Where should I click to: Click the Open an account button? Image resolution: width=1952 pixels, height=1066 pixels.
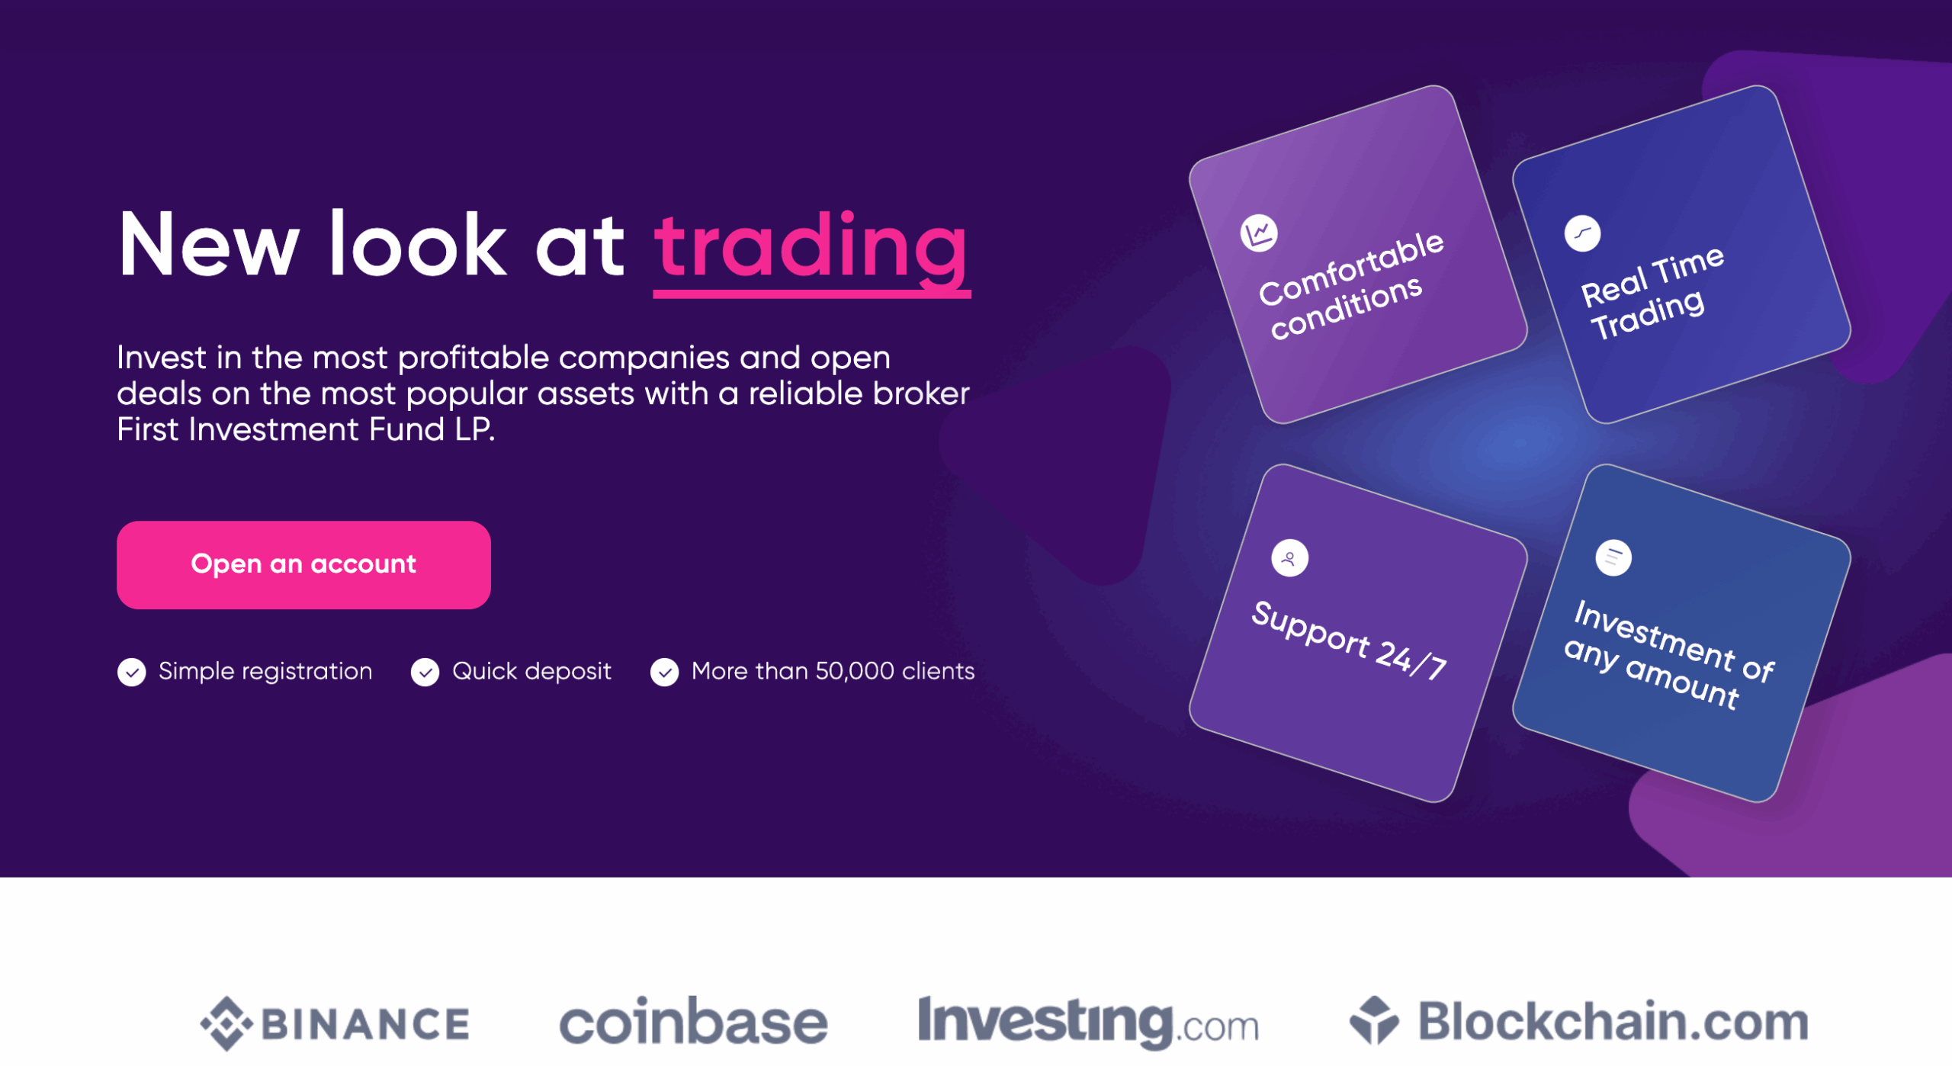point(303,565)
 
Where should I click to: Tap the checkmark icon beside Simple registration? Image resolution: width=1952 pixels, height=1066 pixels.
point(132,673)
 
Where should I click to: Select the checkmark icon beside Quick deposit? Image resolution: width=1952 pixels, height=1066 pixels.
point(425,673)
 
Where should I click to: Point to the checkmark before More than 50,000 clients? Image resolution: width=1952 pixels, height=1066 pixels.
point(665,673)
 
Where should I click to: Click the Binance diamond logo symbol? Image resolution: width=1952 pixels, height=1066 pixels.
point(226,1024)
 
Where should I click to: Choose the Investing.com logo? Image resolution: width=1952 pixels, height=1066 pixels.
point(1088,1022)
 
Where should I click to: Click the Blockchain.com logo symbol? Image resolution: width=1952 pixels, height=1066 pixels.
point(1374,1020)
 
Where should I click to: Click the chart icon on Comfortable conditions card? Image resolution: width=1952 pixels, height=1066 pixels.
point(1259,233)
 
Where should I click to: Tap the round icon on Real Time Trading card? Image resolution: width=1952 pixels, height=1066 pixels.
point(1583,233)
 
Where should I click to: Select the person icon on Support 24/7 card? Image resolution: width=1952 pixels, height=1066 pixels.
point(1289,559)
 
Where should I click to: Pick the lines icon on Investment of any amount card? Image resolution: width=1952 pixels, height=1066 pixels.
point(1613,558)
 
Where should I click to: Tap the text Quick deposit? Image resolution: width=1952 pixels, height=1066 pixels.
point(531,672)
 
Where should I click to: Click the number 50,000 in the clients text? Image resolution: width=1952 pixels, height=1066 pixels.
point(854,672)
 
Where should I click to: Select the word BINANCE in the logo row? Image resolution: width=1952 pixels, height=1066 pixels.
point(365,1024)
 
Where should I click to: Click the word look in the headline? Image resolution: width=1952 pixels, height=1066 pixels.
point(417,243)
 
